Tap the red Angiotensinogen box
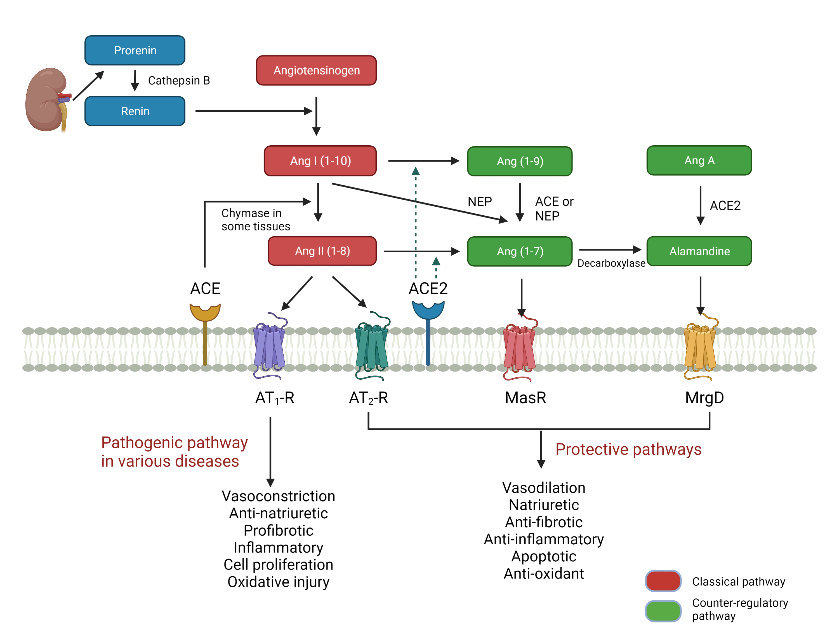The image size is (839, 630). tap(316, 70)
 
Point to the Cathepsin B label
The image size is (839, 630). tap(179, 81)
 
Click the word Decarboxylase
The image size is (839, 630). tap(611, 263)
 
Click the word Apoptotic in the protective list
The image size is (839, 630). tap(543, 556)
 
